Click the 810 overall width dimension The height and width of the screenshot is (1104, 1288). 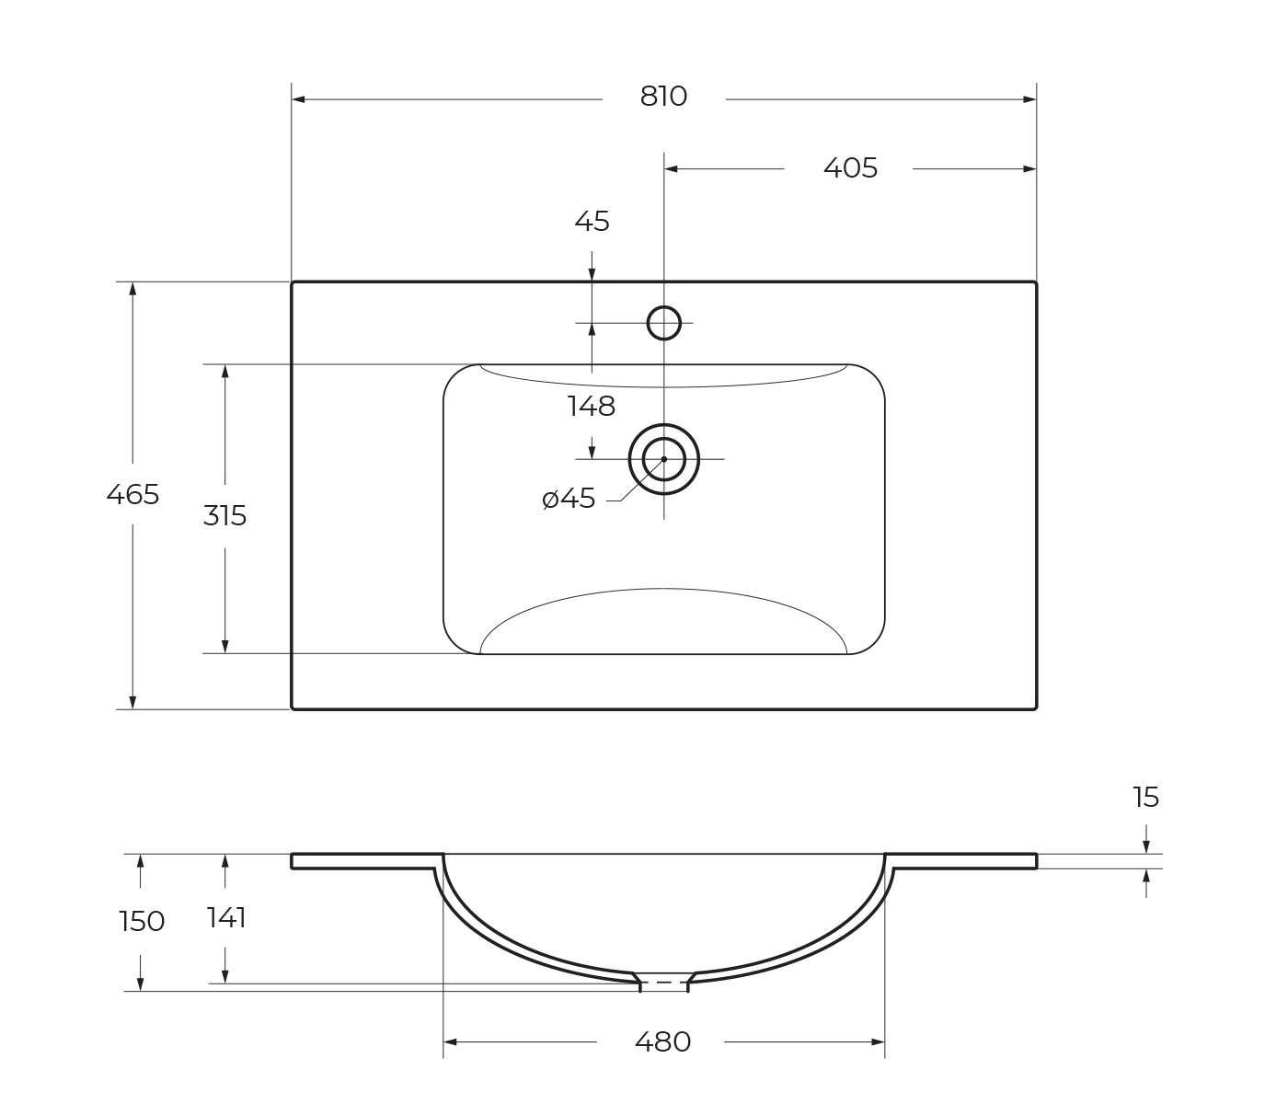[663, 97]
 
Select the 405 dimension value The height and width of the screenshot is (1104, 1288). [850, 168]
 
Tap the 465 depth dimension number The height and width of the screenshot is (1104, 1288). [132, 495]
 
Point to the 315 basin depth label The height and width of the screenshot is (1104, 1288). [225, 516]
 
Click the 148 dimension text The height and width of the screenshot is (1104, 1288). [592, 407]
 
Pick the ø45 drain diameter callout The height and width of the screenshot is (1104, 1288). [569, 499]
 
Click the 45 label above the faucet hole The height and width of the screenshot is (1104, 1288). [592, 221]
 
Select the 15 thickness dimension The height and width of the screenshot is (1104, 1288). [1145, 798]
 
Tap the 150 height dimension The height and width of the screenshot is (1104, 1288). [142, 922]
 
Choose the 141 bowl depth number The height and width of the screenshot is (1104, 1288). [226, 918]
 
